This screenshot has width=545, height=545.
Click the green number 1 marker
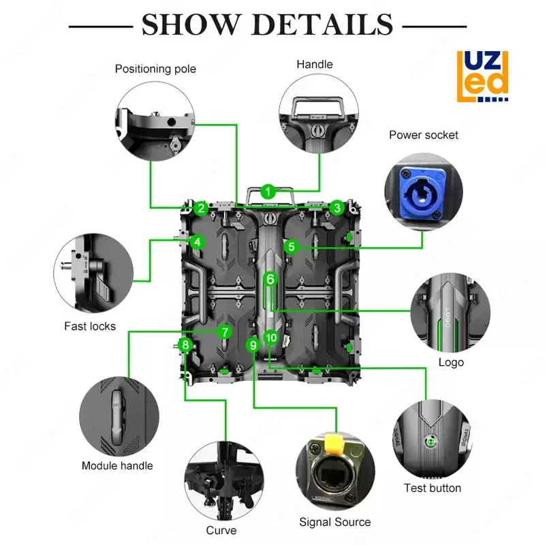(x=268, y=191)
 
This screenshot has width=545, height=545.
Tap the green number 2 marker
(x=200, y=208)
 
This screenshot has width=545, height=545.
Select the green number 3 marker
(x=337, y=208)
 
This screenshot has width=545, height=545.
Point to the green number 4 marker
(x=196, y=242)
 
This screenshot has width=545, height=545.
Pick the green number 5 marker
(x=292, y=247)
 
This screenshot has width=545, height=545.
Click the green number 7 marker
(x=225, y=332)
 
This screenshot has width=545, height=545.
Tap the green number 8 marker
(x=185, y=345)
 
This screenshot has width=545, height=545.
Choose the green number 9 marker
(x=253, y=345)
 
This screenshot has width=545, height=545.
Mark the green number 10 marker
(x=271, y=337)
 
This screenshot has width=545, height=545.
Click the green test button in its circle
(x=430, y=441)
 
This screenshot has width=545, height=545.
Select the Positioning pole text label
(x=155, y=69)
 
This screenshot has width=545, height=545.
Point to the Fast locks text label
(x=90, y=326)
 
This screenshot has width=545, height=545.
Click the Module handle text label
(x=117, y=466)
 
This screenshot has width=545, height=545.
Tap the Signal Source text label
(x=335, y=523)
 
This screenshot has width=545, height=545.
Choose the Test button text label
(x=433, y=488)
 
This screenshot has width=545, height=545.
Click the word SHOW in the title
(x=189, y=26)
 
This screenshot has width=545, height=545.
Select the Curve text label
(x=221, y=530)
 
